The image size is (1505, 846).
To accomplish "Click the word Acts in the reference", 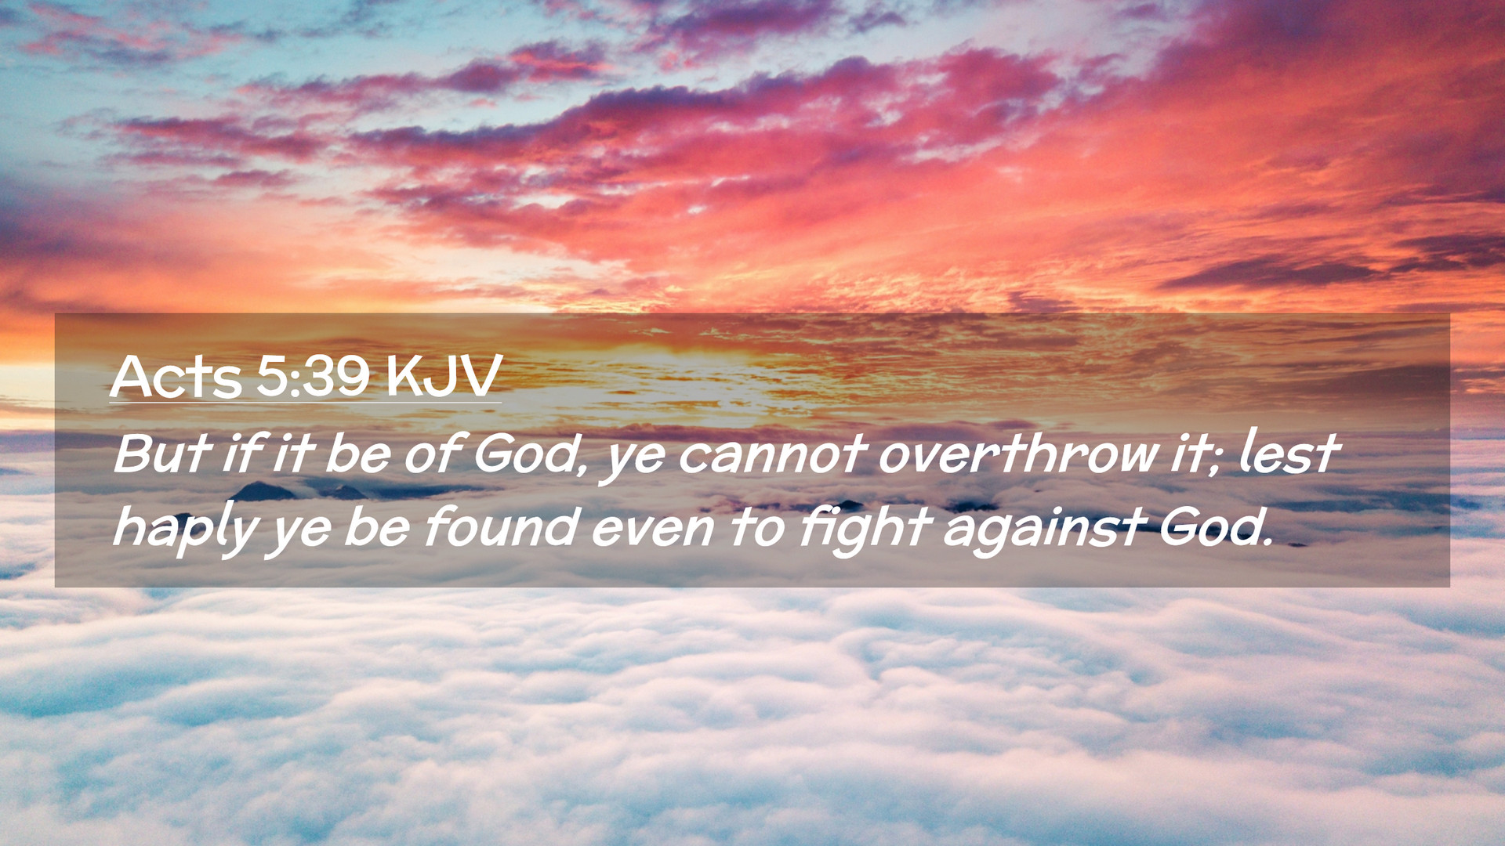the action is tap(176, 377).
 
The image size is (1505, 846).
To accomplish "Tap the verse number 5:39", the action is tap(313, 377).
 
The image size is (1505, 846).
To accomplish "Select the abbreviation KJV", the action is tap(444, 377).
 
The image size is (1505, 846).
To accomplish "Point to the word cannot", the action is tap(772, 454).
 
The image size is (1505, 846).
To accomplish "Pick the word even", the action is tap(652, 530).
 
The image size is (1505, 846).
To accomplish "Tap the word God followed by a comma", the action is tap(529, 454).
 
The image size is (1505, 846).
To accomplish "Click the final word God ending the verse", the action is tap(1213, 526).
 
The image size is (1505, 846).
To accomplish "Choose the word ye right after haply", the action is tap(299, 533).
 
